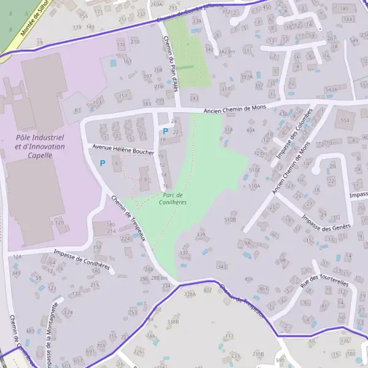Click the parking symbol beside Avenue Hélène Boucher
click(x=102, y=163)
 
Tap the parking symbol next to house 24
click(x=165, y=131)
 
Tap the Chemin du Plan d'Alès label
click(x=170, y=64)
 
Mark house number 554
click(x=345, y=121)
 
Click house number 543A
click(x=331, y=90)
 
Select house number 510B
click(x=230, y=218)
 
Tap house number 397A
click(x=247, y=77)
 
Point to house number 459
click(x=248, y=279)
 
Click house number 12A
click(x=17, y=257)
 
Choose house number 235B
click(x=258, y=354)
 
